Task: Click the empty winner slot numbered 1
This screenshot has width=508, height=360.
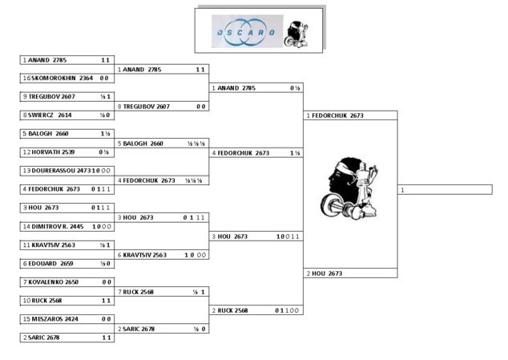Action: point(445,189)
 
